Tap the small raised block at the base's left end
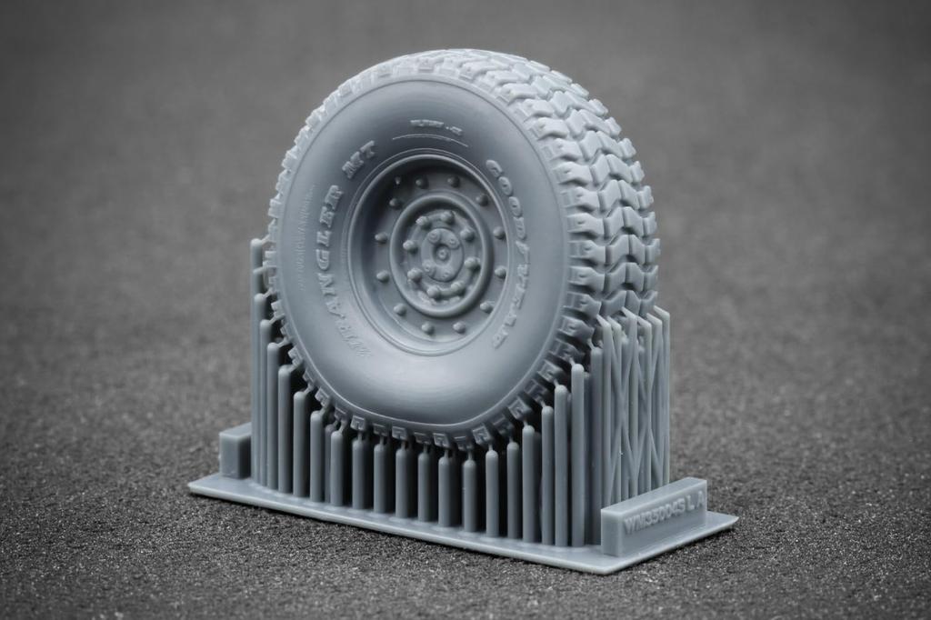point(235,450)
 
